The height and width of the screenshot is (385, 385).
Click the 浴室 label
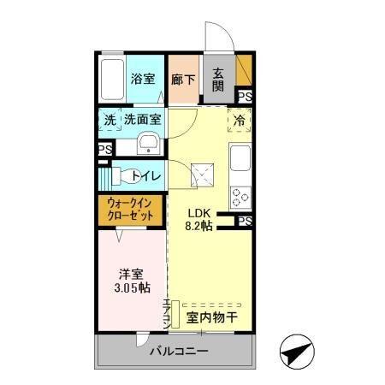[143, 79]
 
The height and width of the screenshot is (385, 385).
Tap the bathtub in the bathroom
[111, 79]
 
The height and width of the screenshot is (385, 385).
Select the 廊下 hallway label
[183, 79]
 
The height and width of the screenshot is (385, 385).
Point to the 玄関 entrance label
[219, 79]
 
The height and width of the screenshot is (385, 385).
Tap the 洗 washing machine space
[110, 120]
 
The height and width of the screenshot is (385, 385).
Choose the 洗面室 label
[142, 120]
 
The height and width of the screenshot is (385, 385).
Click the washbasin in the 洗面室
[148, 142]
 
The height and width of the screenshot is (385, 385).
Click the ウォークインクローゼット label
[131, 210]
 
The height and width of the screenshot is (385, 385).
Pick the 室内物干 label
[212, 317]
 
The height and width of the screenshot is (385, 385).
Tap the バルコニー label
[178, 352]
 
